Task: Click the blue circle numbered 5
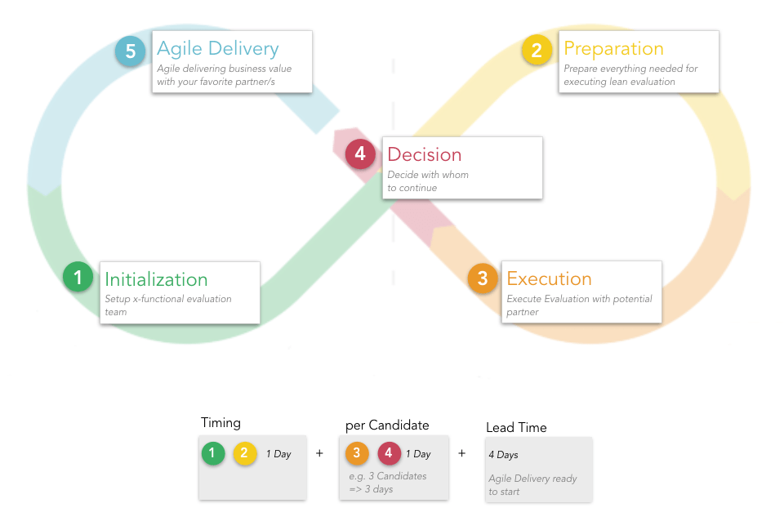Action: tap(130, 51)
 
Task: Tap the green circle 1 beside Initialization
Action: tap(78, 278)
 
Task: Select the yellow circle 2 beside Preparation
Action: tap(537, 51)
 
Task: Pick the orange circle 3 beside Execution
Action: tap(483, 278)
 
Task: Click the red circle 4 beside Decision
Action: tap(360, 154)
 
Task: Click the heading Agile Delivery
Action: tap(217, 49)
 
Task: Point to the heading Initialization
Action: tap(156, 279)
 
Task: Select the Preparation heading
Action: tap(613, 48)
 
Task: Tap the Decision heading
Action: tap(424, 154)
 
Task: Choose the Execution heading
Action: tap(549, 279)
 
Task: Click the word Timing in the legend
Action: tap(220, 423)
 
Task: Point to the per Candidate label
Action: tap(386, 425)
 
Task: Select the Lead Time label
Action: tap(516, 428)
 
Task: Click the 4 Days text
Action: tap(503, 455)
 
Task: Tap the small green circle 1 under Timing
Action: tap(213, 453)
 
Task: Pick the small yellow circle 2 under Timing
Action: tap(245, 453)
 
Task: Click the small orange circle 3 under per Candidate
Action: tap(357, 453)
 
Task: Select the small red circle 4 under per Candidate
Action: tap(389, 453)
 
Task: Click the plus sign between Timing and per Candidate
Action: tap(319, 452)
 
